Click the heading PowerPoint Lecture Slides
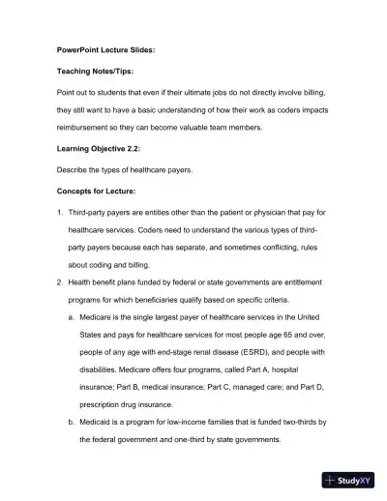[x=102, y=47]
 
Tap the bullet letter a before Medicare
[x=71, y=315]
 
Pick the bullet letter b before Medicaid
[x=71, y=423]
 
